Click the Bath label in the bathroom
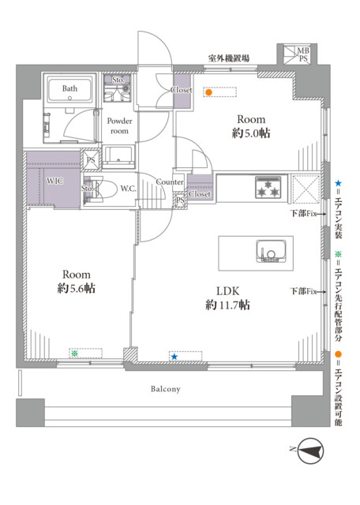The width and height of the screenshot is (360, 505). tap(69, 88)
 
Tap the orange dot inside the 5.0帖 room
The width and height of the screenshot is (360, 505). tap(209, 92)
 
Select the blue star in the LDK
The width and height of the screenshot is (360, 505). tap(174, 357)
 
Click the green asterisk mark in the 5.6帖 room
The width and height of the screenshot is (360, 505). tap(75, 353)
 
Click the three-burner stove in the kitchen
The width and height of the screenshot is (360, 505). tap(267, 187)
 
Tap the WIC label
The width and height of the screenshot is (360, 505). tap(54, 181)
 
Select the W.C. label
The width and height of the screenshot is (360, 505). tap(128, 189)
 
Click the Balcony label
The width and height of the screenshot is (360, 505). tap(166, 389)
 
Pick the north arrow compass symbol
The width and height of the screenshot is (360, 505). tap(310, 451)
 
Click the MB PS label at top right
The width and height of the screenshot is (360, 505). tap(303, 54)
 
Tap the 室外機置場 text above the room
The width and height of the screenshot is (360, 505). tap(228, 58)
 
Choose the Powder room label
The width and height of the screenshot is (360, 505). tap(119, 126)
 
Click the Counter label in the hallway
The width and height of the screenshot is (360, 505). tap(170, 182)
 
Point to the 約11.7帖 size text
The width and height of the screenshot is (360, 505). tap(227, 305)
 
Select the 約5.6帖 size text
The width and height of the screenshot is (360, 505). tap(77, 288)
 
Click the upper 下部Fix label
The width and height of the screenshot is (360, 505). tap(303, 213)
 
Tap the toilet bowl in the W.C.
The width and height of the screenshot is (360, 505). tap(105, 189)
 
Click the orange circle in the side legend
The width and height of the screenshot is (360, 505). tap(338, 354)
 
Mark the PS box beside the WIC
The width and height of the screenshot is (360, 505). tap(91, 160)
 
